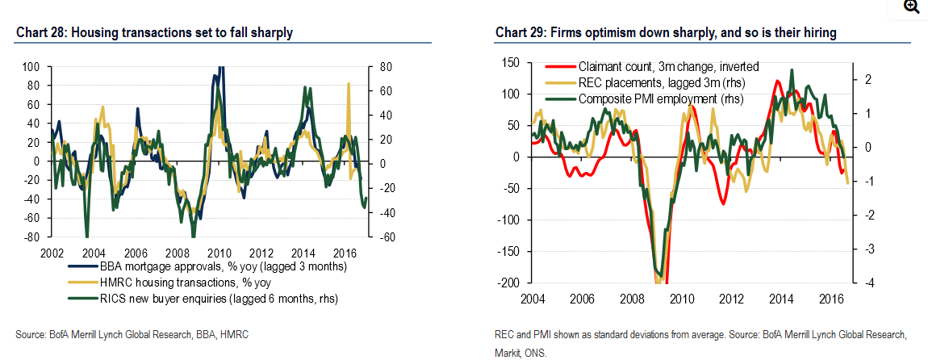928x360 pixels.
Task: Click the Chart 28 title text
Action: point(153,33)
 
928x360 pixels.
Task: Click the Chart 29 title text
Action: point(666,33)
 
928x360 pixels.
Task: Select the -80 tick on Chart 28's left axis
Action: point(31,237)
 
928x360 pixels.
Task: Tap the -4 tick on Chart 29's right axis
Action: point(863,283)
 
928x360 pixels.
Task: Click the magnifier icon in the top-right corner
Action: point(912,7)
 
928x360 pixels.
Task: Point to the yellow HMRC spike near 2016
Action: point(349,85)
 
